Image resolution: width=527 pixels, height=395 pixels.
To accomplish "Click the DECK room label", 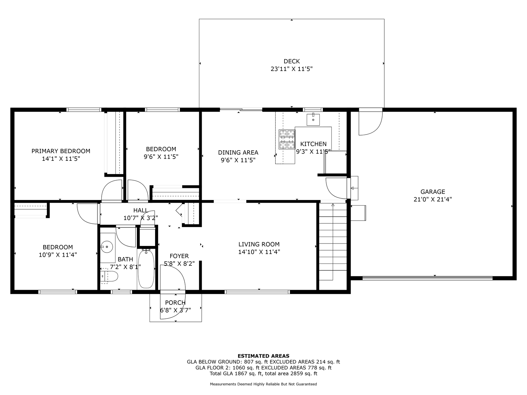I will click(292, 61).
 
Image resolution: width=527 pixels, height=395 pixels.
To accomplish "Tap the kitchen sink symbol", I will click(313, 119).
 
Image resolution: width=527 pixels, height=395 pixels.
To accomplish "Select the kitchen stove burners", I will click(287, 139).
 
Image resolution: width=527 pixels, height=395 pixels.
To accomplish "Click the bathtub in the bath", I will click(145, 269).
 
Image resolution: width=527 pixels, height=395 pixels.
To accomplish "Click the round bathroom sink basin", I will click(107, 247).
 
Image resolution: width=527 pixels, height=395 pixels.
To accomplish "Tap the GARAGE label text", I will click(432, 192).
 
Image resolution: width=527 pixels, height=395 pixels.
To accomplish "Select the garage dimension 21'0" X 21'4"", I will click(432, 200).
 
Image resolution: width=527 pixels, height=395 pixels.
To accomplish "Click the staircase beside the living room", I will click(333, 241).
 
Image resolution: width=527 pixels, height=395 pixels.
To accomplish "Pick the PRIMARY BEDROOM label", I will click(61, 151).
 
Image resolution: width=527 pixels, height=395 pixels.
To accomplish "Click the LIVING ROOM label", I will click(259, 244).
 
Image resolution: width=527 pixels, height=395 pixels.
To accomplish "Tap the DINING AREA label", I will click(238, 152).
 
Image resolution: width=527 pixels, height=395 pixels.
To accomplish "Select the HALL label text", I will click(140, 210).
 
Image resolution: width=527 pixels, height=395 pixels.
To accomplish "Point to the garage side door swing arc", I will click(370, 123).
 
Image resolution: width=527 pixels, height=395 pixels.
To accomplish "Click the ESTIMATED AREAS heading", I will click(263, 356).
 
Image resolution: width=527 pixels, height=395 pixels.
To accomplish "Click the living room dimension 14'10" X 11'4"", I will click(259, 252).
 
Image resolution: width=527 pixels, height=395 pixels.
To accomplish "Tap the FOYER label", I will click(179, 256).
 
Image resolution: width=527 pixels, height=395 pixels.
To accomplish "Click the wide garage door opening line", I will click(427, 278).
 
